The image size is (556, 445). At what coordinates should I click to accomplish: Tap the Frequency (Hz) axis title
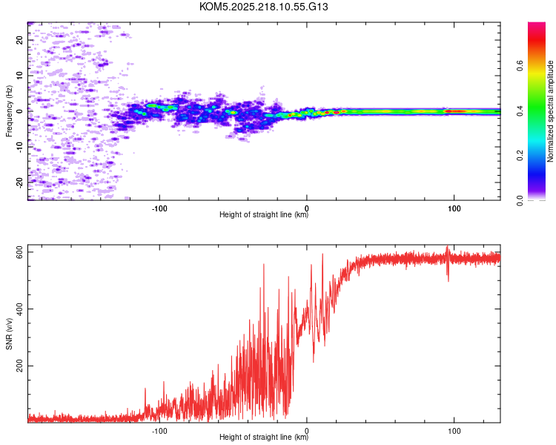pyautogui.click(x=9, y=112)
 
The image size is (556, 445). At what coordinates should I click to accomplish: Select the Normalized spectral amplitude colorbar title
pyautogui.click(x=551, y=111)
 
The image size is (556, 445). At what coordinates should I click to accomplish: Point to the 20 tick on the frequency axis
pyautogui.click(x=19, y=40)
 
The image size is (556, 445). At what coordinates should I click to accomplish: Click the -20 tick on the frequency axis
pyautogui.click(x=19, y=182)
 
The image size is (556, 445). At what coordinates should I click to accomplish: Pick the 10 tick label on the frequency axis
pyautogui.click(x=19, y=76)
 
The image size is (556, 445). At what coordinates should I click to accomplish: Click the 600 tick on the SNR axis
pyautogui.click(x=19, y=252)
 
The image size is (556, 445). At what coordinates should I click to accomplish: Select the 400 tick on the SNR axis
pyautogui.click(x=19, y=309)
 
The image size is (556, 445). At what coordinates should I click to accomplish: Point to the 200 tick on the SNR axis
pyautogui.click(x=19, y=366)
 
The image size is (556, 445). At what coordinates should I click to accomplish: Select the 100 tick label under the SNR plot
pyautogui.click(x=454, y=429)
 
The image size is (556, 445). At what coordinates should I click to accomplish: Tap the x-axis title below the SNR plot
pyautogui.click(x=264, y=438)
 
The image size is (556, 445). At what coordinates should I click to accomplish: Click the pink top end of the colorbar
pyautogui.click(x=537, y=26)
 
